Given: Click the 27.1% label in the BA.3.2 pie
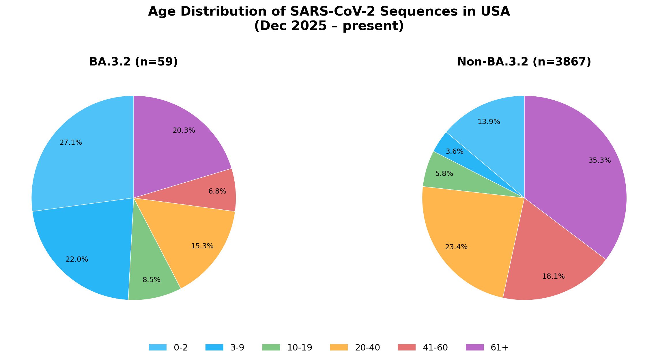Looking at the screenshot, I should tap(71, 142).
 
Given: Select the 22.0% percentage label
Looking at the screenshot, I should tap(77, 259).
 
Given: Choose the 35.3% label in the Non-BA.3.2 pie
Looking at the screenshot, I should tap(599, 160).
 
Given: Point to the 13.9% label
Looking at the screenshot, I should tap(489, 122).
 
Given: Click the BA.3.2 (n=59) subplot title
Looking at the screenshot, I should tap(133, 62).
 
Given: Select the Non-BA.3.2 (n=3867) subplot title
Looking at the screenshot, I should tap(524, 62).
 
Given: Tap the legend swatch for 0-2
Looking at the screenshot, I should tap(158, 347).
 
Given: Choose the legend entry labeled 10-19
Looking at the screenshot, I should tap(299, 348).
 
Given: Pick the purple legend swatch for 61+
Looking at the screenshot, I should tap(475, 347).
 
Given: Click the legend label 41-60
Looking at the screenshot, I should tap(435, 348).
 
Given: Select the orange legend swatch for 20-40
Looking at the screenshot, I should tap(339, 347).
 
